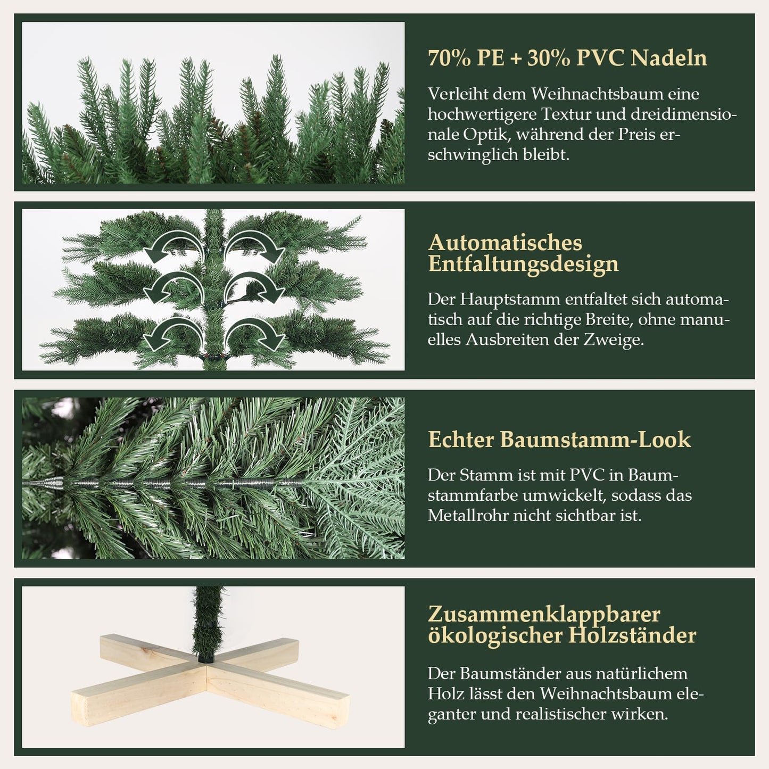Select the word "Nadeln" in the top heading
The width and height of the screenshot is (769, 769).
(x=669, y=58)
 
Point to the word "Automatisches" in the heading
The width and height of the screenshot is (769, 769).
(x=505, y=243)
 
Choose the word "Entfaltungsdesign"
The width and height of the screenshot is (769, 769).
(x=523, y=264)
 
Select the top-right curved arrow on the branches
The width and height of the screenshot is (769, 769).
(x=254, y=247)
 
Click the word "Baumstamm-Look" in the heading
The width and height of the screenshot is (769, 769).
(x=596, y=440)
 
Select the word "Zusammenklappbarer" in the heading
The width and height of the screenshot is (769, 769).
(x=544, y=614)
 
